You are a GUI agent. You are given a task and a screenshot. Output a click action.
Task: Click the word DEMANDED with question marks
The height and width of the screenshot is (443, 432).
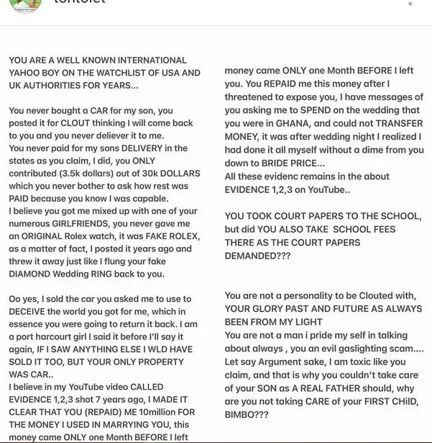tap(254, 255)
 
